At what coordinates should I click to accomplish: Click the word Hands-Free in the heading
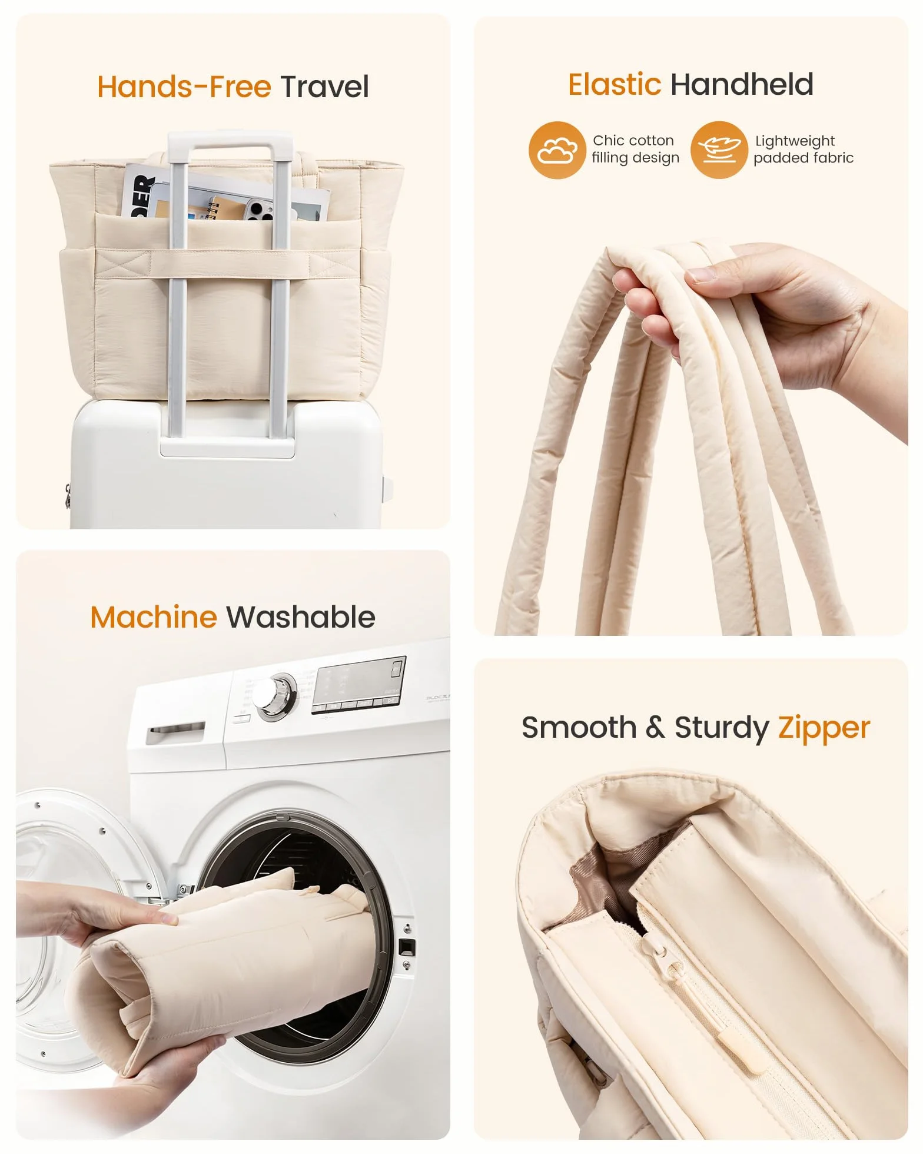[x=184, y=87]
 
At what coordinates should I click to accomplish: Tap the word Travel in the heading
[x=324, y=87]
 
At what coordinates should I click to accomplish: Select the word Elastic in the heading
[x=615, y=84]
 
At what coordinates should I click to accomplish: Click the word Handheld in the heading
[x=742, y=84]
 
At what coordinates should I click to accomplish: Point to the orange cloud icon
[x=557, y=150]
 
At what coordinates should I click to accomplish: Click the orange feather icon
[x=719, y=150]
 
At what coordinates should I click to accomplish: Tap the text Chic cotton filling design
[x=635, y=149]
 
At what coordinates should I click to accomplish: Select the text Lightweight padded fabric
[x=804, y=150]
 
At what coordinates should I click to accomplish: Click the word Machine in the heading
[x=154, y=617]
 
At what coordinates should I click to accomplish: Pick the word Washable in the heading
[x=301, y=617]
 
